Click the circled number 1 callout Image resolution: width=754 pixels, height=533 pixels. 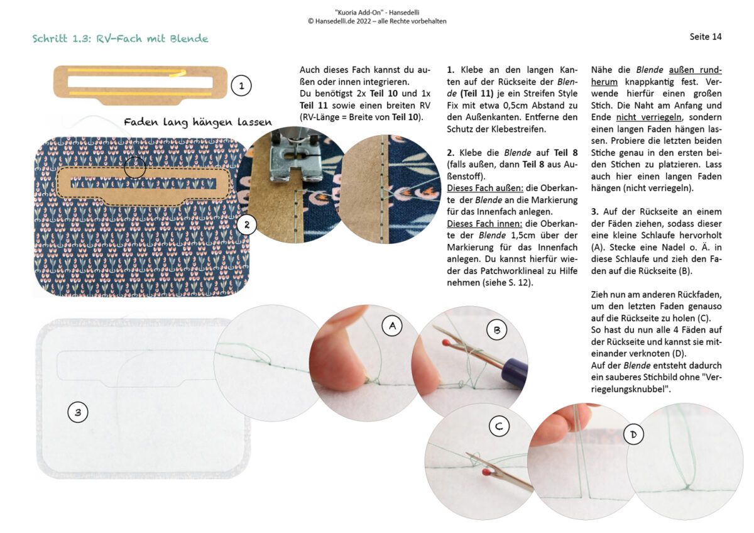tap(241, 86)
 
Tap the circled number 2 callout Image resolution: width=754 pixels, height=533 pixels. tap(247, 225)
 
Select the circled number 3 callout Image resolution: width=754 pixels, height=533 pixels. tap(78, 412)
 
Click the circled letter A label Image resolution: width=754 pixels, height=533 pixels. tap(392, 326)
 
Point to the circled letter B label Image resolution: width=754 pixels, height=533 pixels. tap(497, 331)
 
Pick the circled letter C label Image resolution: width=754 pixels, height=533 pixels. tap(499, 427)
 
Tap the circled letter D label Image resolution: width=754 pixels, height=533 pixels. tap(633, 434)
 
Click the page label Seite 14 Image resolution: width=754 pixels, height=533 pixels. tap(706, 36)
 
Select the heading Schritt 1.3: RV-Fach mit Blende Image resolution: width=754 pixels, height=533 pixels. tap(120, 39)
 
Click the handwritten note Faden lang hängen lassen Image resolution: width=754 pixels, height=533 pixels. tap(197, 122)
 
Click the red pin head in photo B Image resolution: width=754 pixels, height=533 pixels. tap(446, 343)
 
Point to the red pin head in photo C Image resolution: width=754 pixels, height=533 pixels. tap(486, 471)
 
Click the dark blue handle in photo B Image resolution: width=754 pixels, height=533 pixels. tap(515, 371)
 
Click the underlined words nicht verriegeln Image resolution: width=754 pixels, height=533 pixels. tap(649, 118)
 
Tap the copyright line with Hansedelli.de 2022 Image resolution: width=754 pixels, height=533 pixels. tap(377, 21)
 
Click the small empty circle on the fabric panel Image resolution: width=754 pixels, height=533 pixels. tap(134, 167)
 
